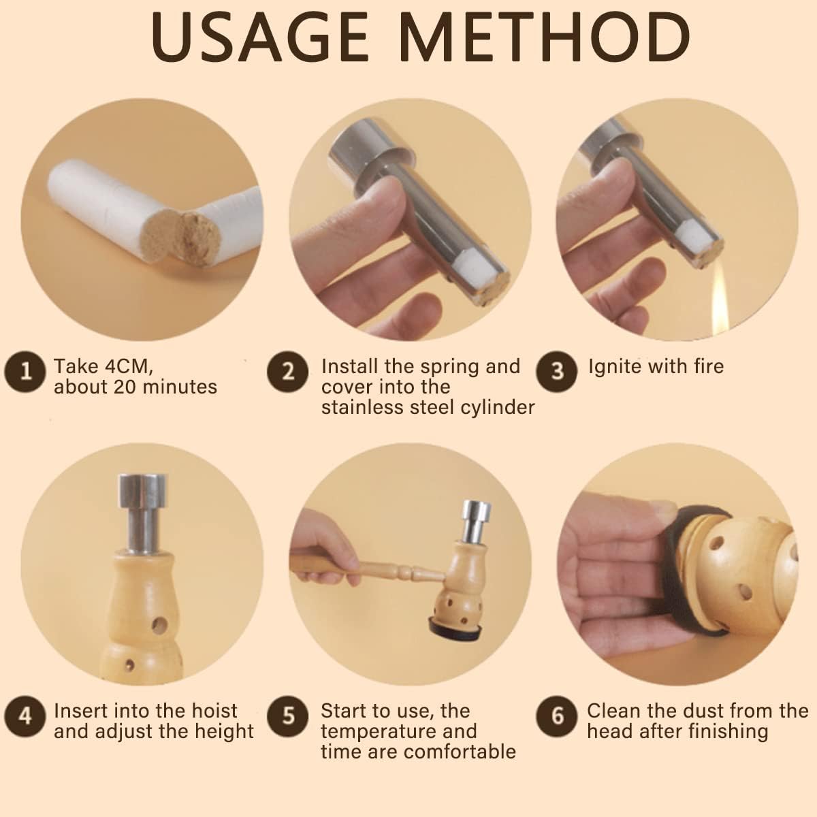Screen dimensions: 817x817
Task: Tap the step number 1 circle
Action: pos(25,372)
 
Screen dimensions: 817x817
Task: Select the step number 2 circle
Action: pos(288,372)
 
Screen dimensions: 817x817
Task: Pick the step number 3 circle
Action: pos(557,372)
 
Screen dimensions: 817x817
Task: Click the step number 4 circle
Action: pos(25,716)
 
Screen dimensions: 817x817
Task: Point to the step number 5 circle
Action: pos(288,716)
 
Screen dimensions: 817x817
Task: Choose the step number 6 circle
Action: pos(557,716)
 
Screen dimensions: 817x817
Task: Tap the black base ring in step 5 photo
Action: pos(455,633)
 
